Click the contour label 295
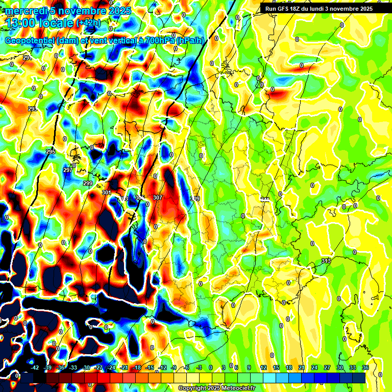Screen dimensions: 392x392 pyautogui.click(x=51, y=152)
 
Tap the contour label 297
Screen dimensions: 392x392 pyautogui.click(x=68, y=170)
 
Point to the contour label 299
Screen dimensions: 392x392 pyautogui.click(x=87, y=183)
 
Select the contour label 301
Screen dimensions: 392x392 pyautogui.click(x=106, y=192)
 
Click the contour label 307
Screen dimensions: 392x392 pyautogui.click(x=158, y=198)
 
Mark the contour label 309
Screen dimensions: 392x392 pyautogui.click(x=195, y=199)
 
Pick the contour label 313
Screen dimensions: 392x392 pyautogui.click(x=326, y=261)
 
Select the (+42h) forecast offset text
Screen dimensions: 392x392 pyautogui.click(x=88, y=23)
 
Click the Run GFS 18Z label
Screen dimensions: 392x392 pyautogui.click(x=283, y=8)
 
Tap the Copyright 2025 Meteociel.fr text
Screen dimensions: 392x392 pyautogui.click(x=216, y=388)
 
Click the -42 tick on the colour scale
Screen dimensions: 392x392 pyautogui.click(x=35, y=367)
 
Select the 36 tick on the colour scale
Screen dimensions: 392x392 pyautogui.click(x=365, y=367)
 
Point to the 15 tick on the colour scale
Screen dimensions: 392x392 pyautogui.click(x=276, y=367)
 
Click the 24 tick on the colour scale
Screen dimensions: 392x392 pyautogui.click(x=314, y=367)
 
